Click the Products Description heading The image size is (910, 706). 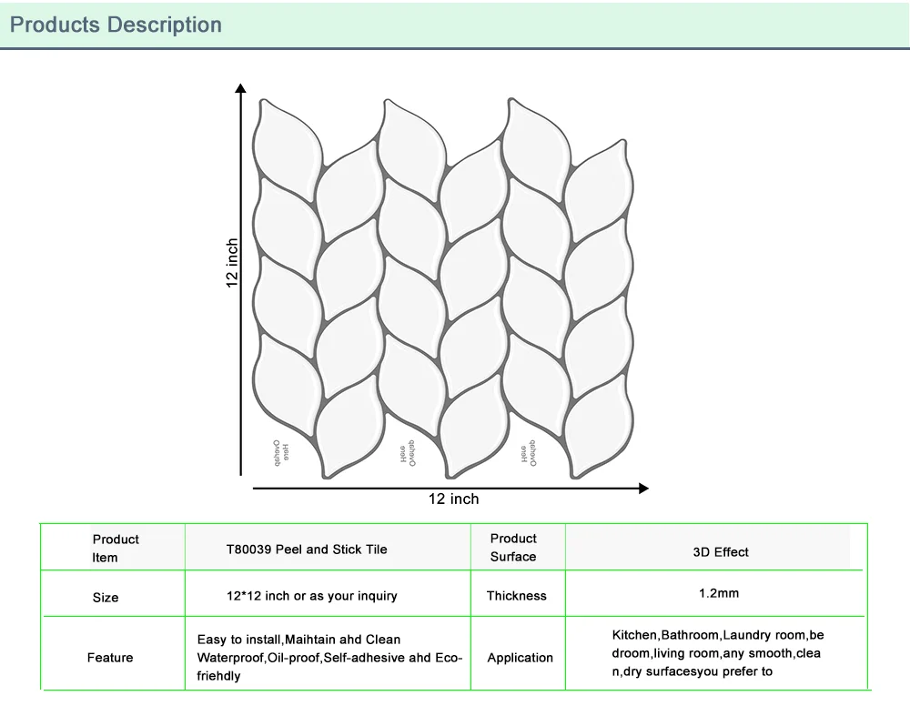(116, 25)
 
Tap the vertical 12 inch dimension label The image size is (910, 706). (233, 264)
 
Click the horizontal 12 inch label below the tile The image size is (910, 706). (453, 499)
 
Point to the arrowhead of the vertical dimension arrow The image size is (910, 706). (240, 88)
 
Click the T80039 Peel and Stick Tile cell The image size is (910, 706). (307, 550)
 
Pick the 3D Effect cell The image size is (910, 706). (721, 552)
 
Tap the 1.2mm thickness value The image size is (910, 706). (719, 593)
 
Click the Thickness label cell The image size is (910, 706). (516, 596)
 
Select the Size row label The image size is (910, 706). (106, 598)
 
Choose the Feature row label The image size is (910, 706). (110, 658)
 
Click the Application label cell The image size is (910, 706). (520, 658)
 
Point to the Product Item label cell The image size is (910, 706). (116, 549)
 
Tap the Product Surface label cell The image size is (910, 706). (513, 548)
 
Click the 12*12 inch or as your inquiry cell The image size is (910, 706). (312, 596)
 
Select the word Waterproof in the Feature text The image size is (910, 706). (231, 658)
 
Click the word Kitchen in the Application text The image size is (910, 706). (634, 635)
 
